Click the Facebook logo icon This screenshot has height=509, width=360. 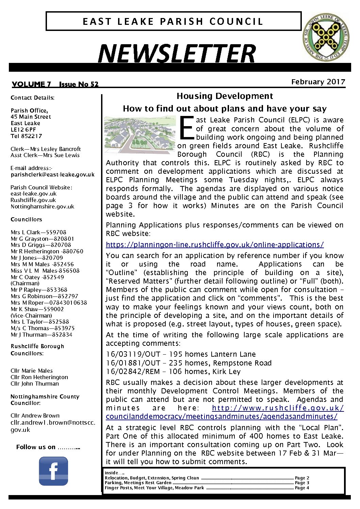pyautogui.click(x=53, y=471)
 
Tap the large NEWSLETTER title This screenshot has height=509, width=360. pyautogui.click(x=176, y=54)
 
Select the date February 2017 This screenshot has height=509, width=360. pyautogui.click(x=318, y=82)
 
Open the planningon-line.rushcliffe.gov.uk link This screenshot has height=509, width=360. pyautogui.click(x=215, y=245)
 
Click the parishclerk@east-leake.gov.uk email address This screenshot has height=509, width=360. pyautogui.click(x=52, y=174)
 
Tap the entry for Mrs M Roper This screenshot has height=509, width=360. pyautogui.click(x=49, y=303)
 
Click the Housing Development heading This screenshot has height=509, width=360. pyautogui.click(x=225, y=96)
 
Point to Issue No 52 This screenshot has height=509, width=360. pyautogui.click(x=79, y=84)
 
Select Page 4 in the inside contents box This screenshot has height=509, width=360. pyautogui.click(x=302, y=488)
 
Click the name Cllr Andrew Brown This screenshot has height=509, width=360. pyautogui.click(x=35, y=415)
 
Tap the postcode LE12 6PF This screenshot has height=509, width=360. pyautogui.click(x=23, y=130)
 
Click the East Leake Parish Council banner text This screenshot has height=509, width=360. pyautogui.click(x=173, y=21)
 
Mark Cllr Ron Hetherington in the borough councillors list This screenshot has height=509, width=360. pyautogui.click(x=39, y=377)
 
